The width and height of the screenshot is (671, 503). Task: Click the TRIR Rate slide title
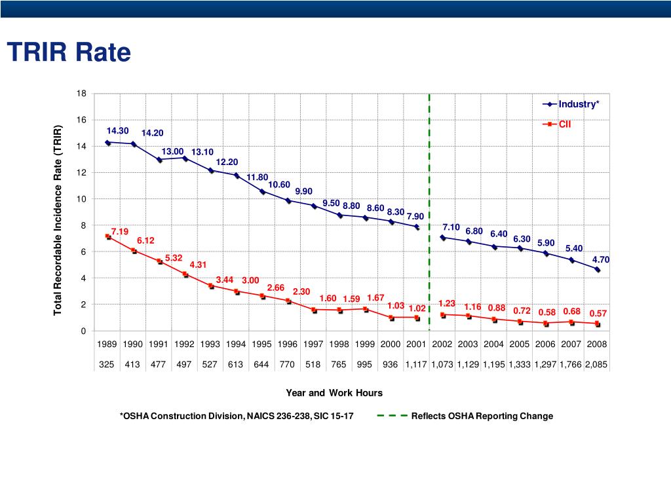(x=69, y=52)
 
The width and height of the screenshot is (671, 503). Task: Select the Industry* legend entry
(x=571, y=104)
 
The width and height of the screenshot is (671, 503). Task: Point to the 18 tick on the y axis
(x=81, y=93)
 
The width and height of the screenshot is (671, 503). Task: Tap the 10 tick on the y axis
(x=81, y=199)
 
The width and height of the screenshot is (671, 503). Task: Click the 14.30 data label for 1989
(x=118, y=130)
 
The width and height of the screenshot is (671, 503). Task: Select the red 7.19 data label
(x=120, y=231)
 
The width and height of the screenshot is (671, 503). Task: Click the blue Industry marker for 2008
(x=597, y=269)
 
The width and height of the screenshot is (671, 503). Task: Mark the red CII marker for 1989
(x=107, y=236)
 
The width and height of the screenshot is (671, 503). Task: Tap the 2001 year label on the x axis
(x=416, y=345)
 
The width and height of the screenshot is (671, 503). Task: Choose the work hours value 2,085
(x=596, y=364)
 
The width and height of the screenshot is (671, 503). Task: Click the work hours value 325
(x=107, y=364)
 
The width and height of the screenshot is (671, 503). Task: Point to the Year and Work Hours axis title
(x=334, y=393)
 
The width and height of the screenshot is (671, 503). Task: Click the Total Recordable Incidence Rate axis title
(x=58, y=220)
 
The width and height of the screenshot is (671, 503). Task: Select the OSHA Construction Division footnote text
(x=237, y=416)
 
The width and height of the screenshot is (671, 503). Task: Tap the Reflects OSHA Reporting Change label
(x=482, y=416)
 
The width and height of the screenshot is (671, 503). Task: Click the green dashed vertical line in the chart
(x=429, y=212)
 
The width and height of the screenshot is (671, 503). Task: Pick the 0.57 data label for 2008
(x=598, y=313)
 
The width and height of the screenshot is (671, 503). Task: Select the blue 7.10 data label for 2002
(x=451, y=227)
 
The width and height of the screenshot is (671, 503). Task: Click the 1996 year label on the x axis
(x=287, y=345)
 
